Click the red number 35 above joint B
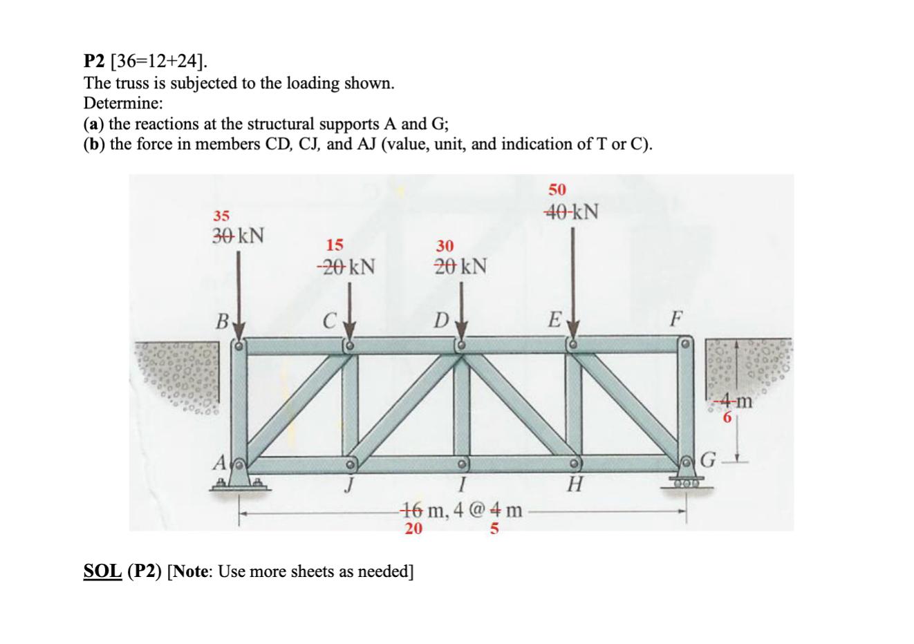click(221, 216)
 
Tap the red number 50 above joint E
click(557, 189)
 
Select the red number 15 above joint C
click(335, 245)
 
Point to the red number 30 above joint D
click(445, 246)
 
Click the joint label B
click(222, 321)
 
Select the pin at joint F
click(684, 343)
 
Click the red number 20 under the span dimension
click(413, 529)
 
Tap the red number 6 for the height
click(727, 417)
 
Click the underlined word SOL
click(102, 571)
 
